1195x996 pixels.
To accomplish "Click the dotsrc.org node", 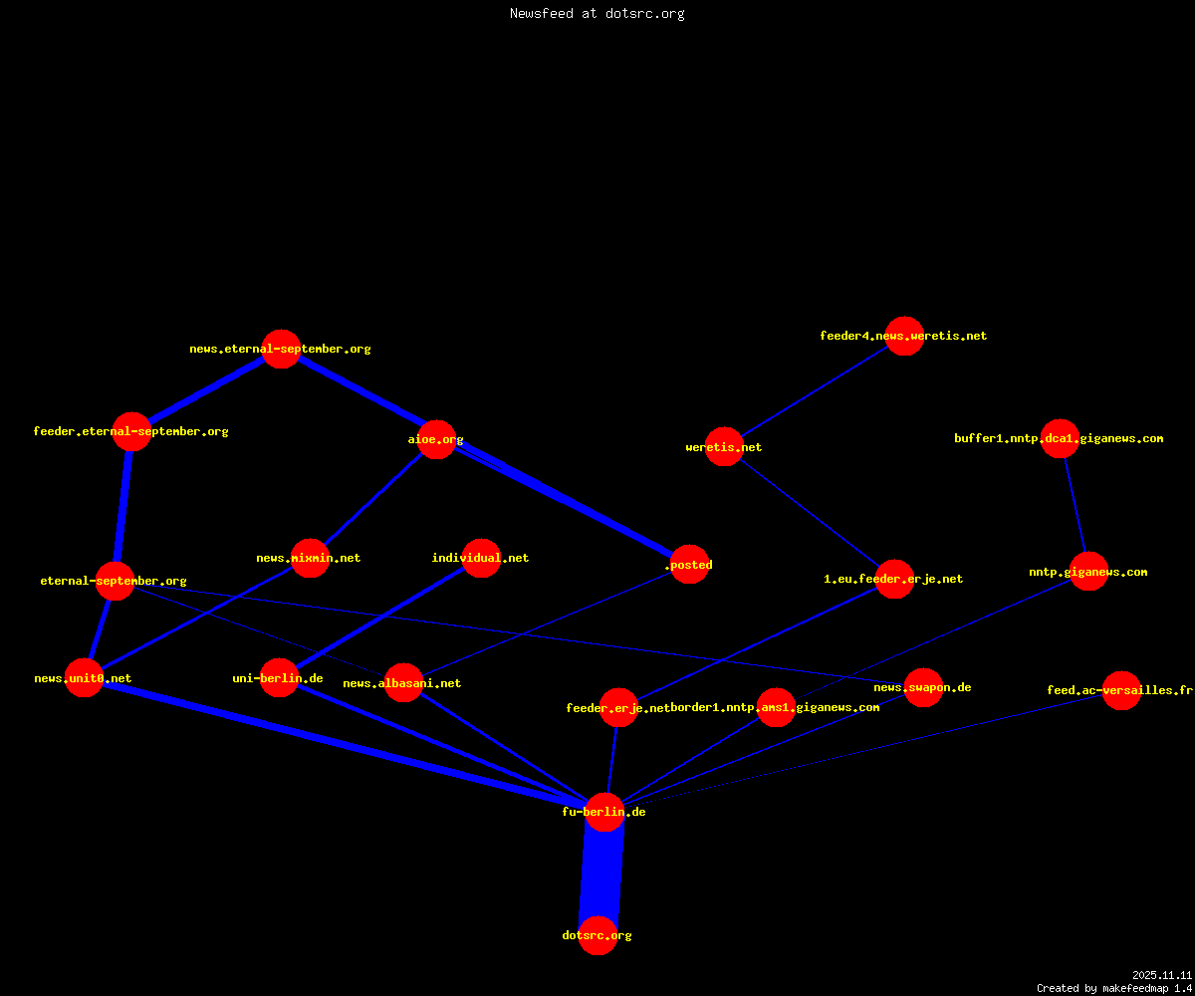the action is pos(597,935).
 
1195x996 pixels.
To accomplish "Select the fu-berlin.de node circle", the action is pos(604,812).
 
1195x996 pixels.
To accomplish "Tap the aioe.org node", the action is pos(437,439).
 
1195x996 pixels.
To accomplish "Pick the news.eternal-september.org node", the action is pos(281,349).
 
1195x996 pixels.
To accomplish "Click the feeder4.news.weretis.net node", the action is pos(904,336).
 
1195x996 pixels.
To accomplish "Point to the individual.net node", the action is pos(481,558).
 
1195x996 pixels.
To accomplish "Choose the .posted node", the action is pos(690,565).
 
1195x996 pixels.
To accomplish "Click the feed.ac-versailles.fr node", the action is pos(1121,690).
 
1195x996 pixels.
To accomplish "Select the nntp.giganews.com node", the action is pos(1088,572).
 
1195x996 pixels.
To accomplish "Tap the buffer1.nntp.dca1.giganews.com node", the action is pos(1060,438).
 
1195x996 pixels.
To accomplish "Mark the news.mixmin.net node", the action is pos(310,558).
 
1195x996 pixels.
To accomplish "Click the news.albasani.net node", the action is pos(403,683).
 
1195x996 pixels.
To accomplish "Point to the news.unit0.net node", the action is pos(84,677).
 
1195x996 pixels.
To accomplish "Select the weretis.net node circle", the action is pos(724,446).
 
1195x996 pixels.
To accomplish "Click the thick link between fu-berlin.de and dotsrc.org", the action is pos(600,873).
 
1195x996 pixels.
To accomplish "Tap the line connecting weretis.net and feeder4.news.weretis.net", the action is pos(815,391).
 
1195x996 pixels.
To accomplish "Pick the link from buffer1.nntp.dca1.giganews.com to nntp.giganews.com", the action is pos(1075,505).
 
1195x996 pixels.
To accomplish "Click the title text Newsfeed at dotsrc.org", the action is pos(597,13).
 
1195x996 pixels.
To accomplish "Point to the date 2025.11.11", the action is pos(1162,975).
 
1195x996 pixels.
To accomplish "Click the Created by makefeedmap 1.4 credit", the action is pos(1114,988).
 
